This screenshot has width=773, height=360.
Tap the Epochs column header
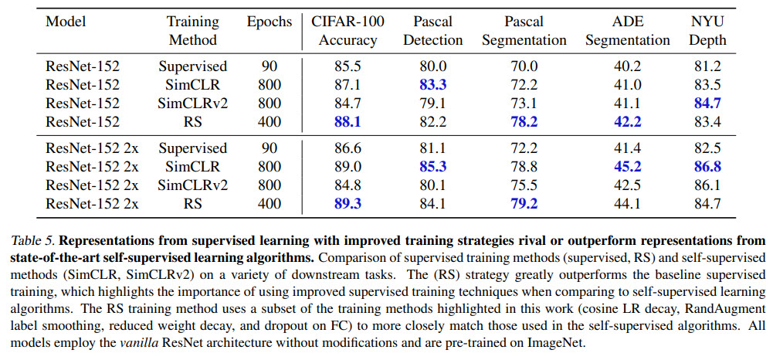(x=270, y=22)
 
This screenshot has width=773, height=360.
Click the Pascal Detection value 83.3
(x=432, y=85)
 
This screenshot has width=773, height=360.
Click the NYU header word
(x=707, y=22)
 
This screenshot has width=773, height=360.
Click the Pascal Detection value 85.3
(x=432, y=166)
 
